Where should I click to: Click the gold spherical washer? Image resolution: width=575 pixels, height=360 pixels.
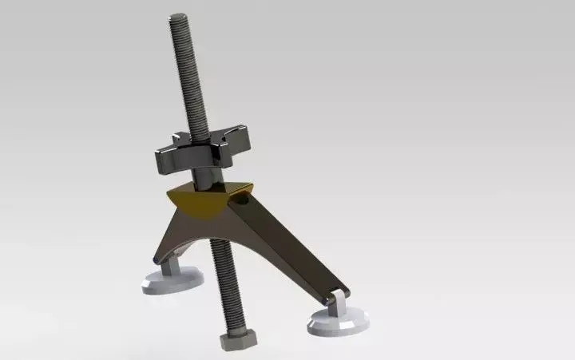pyautogui.click(x=200, y=204)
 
